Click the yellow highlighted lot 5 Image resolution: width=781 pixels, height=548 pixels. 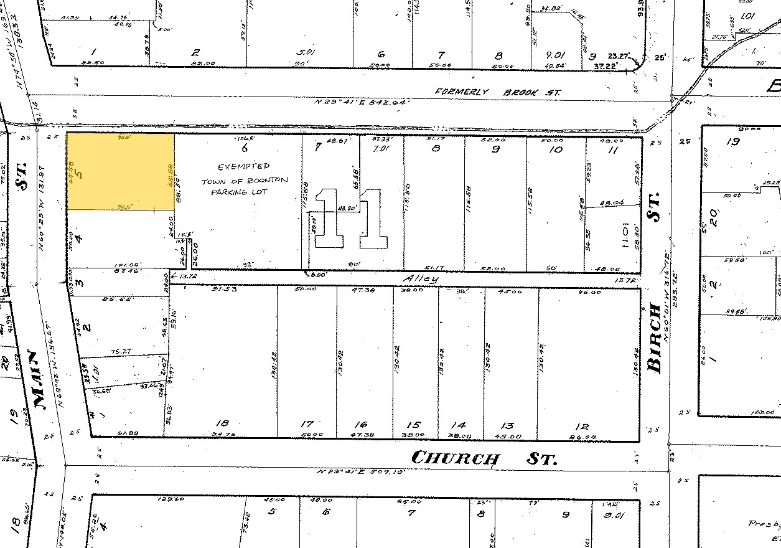(x=120, y=171)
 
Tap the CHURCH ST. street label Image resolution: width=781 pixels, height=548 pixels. (x=485, y=458)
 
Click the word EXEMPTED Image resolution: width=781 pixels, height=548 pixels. (x=244, y=167)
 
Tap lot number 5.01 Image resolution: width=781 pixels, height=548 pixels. (x=307, y=53)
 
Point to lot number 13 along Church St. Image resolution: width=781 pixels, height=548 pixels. (x=507, y=425)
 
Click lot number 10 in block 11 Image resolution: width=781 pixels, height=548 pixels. (x=556, y=149)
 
